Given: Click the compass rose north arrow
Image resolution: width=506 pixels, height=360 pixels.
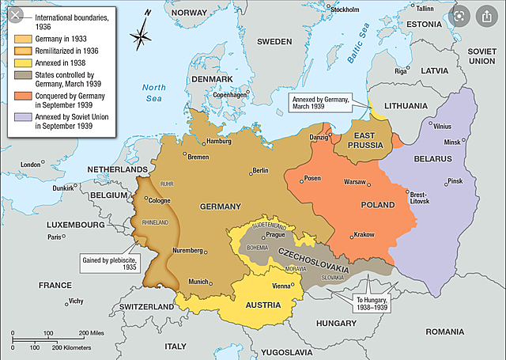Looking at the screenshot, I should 142,33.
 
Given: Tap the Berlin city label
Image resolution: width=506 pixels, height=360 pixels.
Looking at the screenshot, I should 260,170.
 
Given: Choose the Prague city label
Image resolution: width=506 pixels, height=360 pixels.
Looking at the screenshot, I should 275,234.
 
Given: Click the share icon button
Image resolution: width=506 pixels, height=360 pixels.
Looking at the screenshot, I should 484,17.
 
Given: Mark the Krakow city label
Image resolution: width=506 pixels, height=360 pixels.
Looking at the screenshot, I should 364,235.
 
